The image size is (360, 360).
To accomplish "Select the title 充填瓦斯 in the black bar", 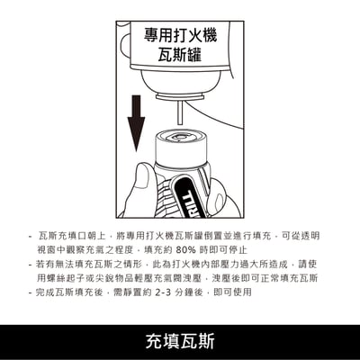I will pos(180,341).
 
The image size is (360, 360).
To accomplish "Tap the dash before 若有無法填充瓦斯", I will pos(31,263).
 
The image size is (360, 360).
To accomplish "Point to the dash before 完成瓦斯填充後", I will pos(31,292).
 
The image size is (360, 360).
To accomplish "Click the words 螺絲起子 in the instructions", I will pos(77,277).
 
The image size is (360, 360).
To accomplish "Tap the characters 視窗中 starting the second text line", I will pos(56,248).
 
